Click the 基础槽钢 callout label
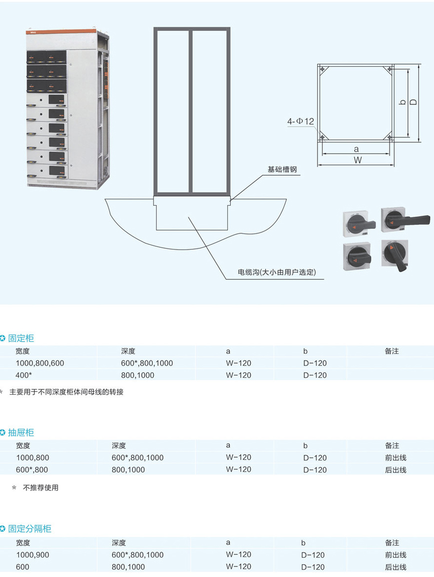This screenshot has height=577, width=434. (282, 170)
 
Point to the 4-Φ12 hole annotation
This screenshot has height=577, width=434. (300, 121)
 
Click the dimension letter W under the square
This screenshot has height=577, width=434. (357, 160)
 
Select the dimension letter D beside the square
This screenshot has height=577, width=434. (413, 102)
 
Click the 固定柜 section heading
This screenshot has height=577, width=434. (21, 338)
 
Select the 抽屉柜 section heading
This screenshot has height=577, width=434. (21, 432)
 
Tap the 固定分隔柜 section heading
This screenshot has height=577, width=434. (30, 529)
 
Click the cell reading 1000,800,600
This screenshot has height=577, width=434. (40, 363)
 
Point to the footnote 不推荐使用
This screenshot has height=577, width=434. (41, 487)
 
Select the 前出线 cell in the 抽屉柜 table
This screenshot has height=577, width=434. (395, 457)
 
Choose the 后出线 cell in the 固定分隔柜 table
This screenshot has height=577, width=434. (395, 567)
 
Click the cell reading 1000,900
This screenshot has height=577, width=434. (33, 554)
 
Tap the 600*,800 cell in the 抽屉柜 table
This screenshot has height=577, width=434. (32, 469)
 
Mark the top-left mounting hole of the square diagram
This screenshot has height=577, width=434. (323, 69)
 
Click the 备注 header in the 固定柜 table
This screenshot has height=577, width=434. (392, 351)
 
